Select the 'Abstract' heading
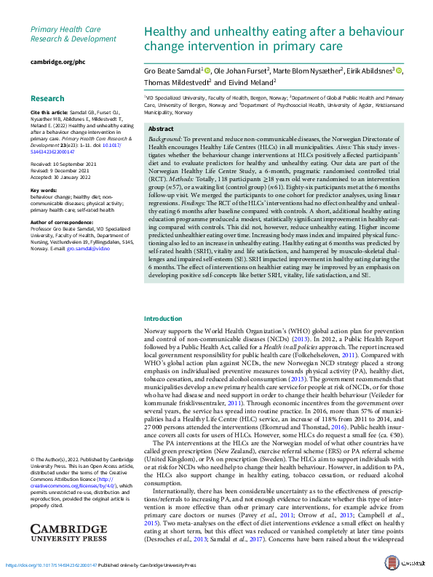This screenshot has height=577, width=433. pos(161,128)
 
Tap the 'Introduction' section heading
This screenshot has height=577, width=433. pos(164,319)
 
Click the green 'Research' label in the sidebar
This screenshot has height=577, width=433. pos(47,98)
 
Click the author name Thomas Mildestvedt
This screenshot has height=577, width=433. pos(177,83)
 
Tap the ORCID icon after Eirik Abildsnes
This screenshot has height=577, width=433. pos(400,71)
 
